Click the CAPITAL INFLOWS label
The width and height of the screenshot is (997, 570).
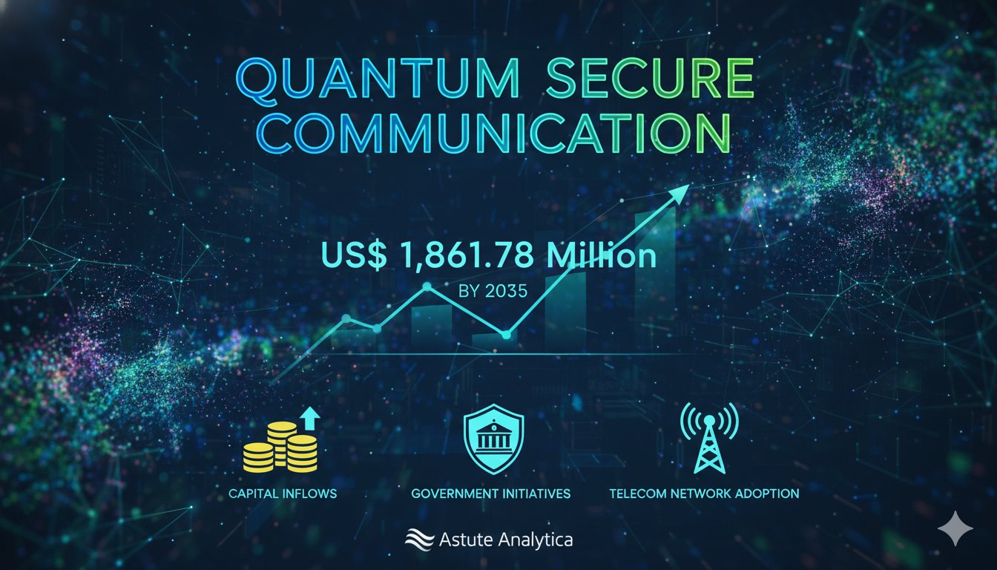(x=283, y=493)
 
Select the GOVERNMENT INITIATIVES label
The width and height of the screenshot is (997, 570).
(x=491, y=493)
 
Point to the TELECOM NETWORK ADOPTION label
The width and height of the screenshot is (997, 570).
(x=704, y=493)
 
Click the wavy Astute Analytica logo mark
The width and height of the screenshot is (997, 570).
(x=418, y=540)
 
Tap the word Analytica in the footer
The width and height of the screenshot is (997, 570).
(x=532, y=540)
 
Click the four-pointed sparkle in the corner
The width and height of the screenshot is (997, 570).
(x=955, y=528)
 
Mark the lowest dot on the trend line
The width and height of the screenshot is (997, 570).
(x=506, y=335)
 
